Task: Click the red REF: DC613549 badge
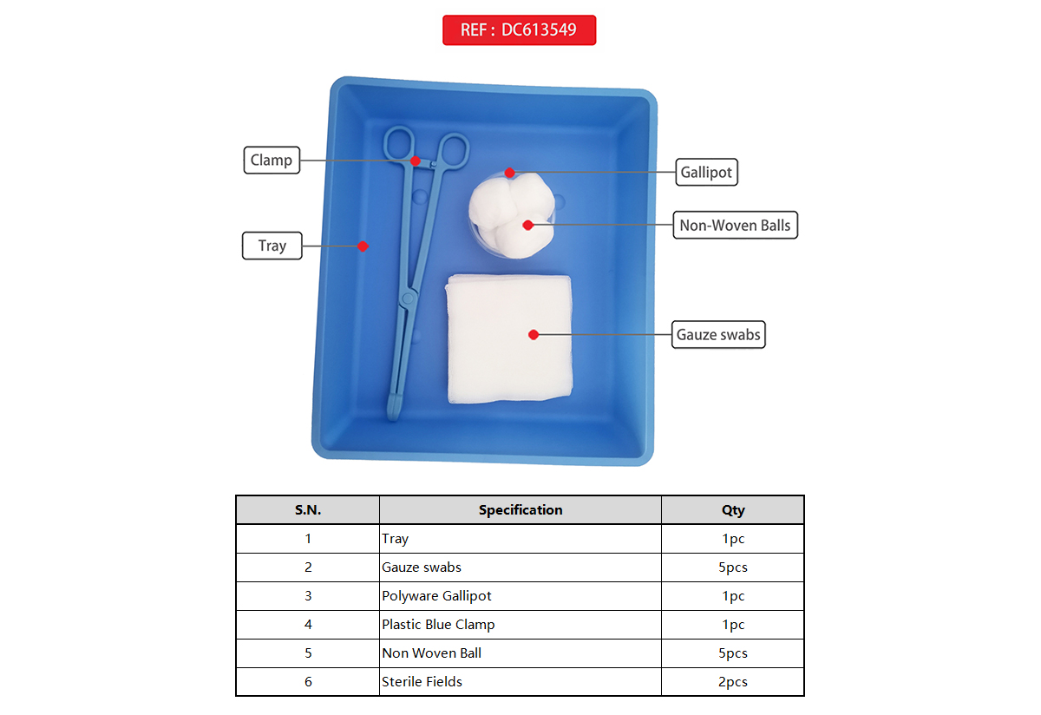click(x=519, y=30)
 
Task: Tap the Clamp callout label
click(x=272, y=161)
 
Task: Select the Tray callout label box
click(x=272, y=246)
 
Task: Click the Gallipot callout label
click(x=706, y=172)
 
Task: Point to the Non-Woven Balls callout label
click(x=736, y=225)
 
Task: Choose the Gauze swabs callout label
click(x=718, y=334)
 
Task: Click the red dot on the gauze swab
click(x=534, y=334)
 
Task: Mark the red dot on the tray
click(x=363, y=246)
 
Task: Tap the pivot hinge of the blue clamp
click(x=408, y=298)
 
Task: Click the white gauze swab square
click(x=509, y=338)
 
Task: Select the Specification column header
click(x=520, y=510)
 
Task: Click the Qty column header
click(x=733, y=510)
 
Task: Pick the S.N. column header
click(x=308, y=510)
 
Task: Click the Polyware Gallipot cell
click(x=520, y=596)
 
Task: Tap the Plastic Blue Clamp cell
click(x=520, y=625)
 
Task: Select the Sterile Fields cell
click(x=520, y=681)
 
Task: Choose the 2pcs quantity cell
click(x=733, y=681)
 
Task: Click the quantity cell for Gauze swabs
click(x=733, y=567)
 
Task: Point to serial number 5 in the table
click(x=308, y=653)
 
